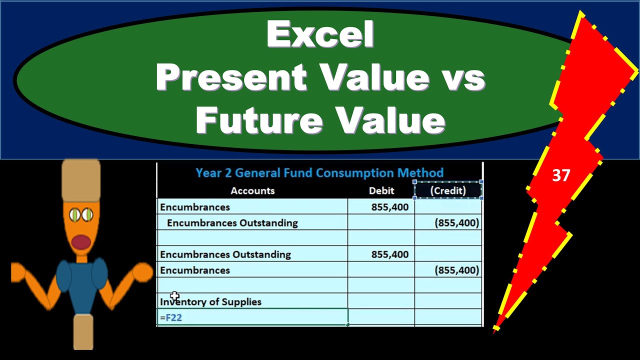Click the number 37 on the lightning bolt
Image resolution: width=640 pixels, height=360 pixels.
point(561,175)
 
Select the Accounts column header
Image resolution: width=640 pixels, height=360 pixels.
point(252,190)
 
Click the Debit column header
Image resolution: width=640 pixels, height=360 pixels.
point(381,190)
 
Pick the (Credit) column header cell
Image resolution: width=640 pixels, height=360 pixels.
point(448,190)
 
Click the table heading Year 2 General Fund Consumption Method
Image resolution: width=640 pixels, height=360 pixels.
point(319,173)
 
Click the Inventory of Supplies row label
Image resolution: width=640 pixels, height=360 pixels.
point(210,302)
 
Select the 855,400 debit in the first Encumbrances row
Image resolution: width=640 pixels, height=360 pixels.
point(390,207)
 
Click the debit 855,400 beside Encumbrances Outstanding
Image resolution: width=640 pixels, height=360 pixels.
point(390,254)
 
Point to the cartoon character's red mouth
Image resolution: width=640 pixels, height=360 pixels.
point(80,242)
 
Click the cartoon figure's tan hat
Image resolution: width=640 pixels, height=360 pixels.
point(81,180)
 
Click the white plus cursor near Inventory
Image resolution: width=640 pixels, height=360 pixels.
point(174,296)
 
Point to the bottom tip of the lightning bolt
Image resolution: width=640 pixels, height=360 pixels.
point(495,330)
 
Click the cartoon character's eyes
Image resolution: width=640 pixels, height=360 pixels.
point(81,215)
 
